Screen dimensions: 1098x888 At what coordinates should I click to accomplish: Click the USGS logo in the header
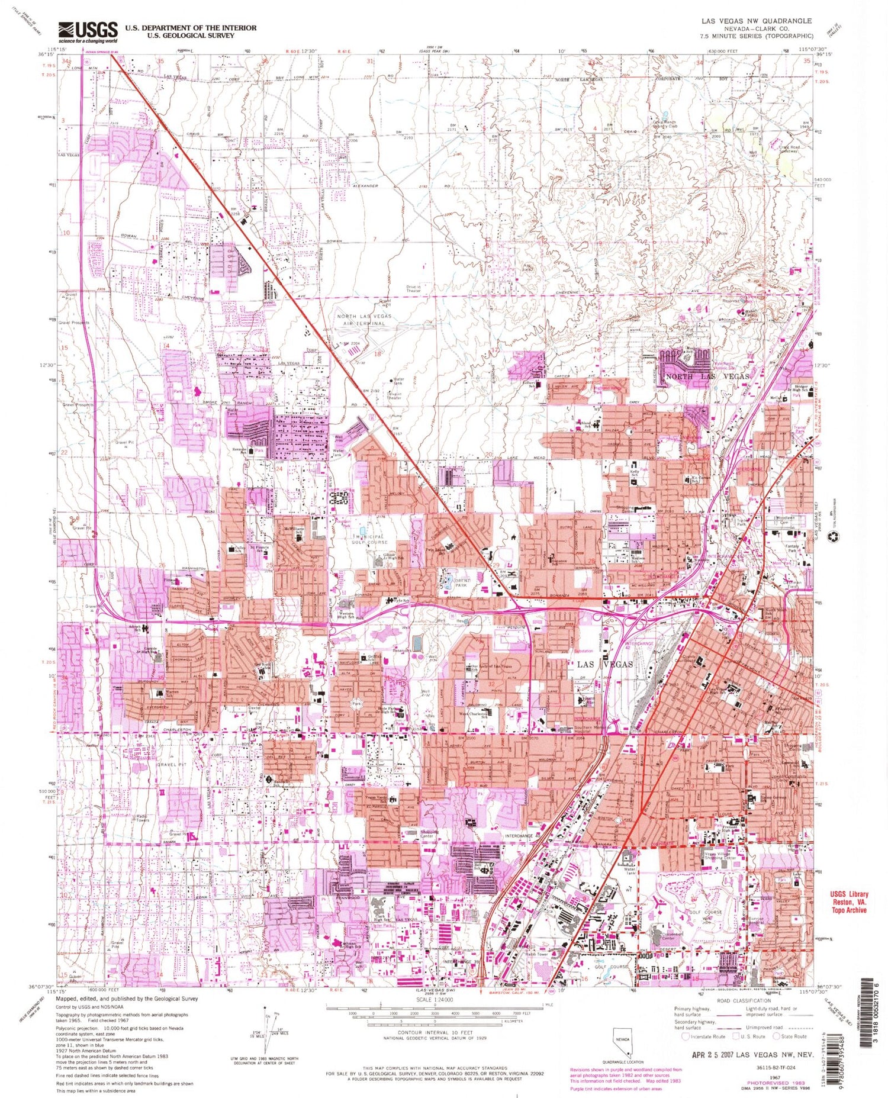(x=88, y=32)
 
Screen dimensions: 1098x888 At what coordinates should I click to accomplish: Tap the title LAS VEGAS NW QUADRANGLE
(x=756, y=21)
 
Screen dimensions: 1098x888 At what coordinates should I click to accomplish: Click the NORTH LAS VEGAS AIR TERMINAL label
(x=365, y=320)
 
